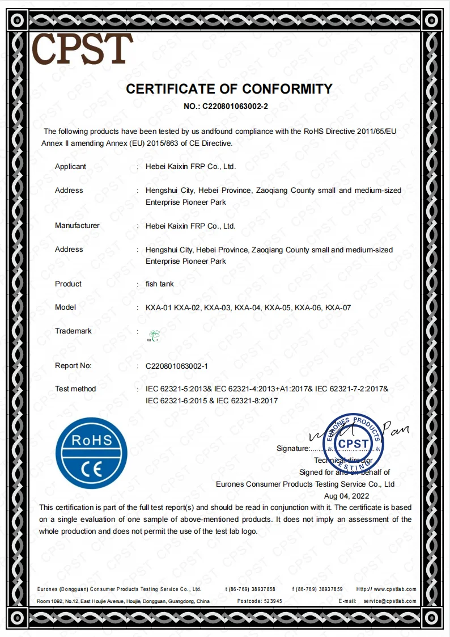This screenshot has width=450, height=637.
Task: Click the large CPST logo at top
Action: pyautogui.click(x=82, y=48)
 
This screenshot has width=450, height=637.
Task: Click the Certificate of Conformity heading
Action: pyautogui.click(x=229, y=89)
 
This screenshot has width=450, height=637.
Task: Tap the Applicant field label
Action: pyautogui.click(x=70, y=167)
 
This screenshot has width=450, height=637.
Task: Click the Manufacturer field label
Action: pyautogui.click(x=77, y=226)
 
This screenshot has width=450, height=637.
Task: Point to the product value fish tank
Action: pyautogui.click(x=160, y=284)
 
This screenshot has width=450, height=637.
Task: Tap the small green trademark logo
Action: pyautogui.click(x=154, y=336)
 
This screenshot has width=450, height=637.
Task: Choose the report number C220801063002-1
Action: pyautogui.click(x=177, y=366)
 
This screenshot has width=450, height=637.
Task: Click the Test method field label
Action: pyautogui.click(x=75, y=389)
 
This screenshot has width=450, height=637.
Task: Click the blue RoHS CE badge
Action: pyautogui.click(x=91, y=453)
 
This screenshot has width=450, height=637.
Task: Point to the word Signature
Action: pyautogui.click(x=293, y=449)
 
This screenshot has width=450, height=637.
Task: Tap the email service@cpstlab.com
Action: pyautogui.click(x=390, y=601)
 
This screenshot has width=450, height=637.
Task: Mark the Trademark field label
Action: pyautogui.click(x=73, y=331)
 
